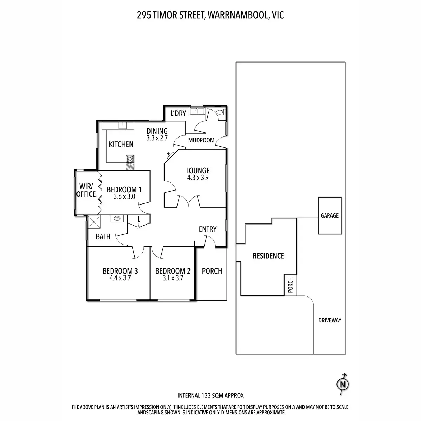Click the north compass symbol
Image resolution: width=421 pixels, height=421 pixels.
343,385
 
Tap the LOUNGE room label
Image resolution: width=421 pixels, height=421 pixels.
198,171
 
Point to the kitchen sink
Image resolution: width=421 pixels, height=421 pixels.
122,125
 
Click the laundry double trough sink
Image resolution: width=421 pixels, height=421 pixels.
197,112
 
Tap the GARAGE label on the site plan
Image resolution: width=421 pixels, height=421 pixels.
329,215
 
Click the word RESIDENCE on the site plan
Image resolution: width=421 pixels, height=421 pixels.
268,256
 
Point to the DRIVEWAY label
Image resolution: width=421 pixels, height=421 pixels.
329,320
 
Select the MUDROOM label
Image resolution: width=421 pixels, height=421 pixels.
201,140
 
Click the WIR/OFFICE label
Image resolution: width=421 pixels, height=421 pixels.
86,190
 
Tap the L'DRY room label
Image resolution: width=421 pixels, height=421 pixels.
178,113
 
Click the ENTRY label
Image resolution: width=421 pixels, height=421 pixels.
208,229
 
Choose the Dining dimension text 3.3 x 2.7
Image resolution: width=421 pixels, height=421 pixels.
157,138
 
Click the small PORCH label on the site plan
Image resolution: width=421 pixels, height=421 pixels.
290,285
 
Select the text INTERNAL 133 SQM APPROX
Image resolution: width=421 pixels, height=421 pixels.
210,396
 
